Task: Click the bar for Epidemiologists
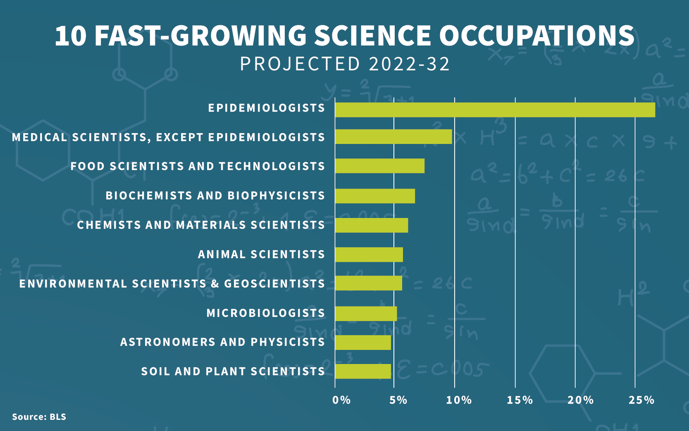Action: (495, 110)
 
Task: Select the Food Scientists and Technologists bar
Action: (380, 166)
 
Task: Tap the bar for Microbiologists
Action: (366, 314)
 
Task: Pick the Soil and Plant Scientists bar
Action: (363, 371)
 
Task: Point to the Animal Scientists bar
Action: (369, 255)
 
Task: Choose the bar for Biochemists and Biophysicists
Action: (375, 196)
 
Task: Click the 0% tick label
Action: (341, 400)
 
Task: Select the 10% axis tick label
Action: (459, 400)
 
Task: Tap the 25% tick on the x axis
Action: (641, 400)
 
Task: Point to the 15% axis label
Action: (520, 400)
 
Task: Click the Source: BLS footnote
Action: (39, 417)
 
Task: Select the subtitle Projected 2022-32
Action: (345, 64)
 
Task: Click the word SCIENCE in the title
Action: (372, 36)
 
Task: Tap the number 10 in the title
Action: (70, 36)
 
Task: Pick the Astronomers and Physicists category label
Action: (223, 342)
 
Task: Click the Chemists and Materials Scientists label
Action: (201, 225)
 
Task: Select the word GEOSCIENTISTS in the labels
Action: (274, 283)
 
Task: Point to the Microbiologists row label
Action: (266, 313)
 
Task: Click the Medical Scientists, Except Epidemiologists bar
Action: (394, 136)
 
